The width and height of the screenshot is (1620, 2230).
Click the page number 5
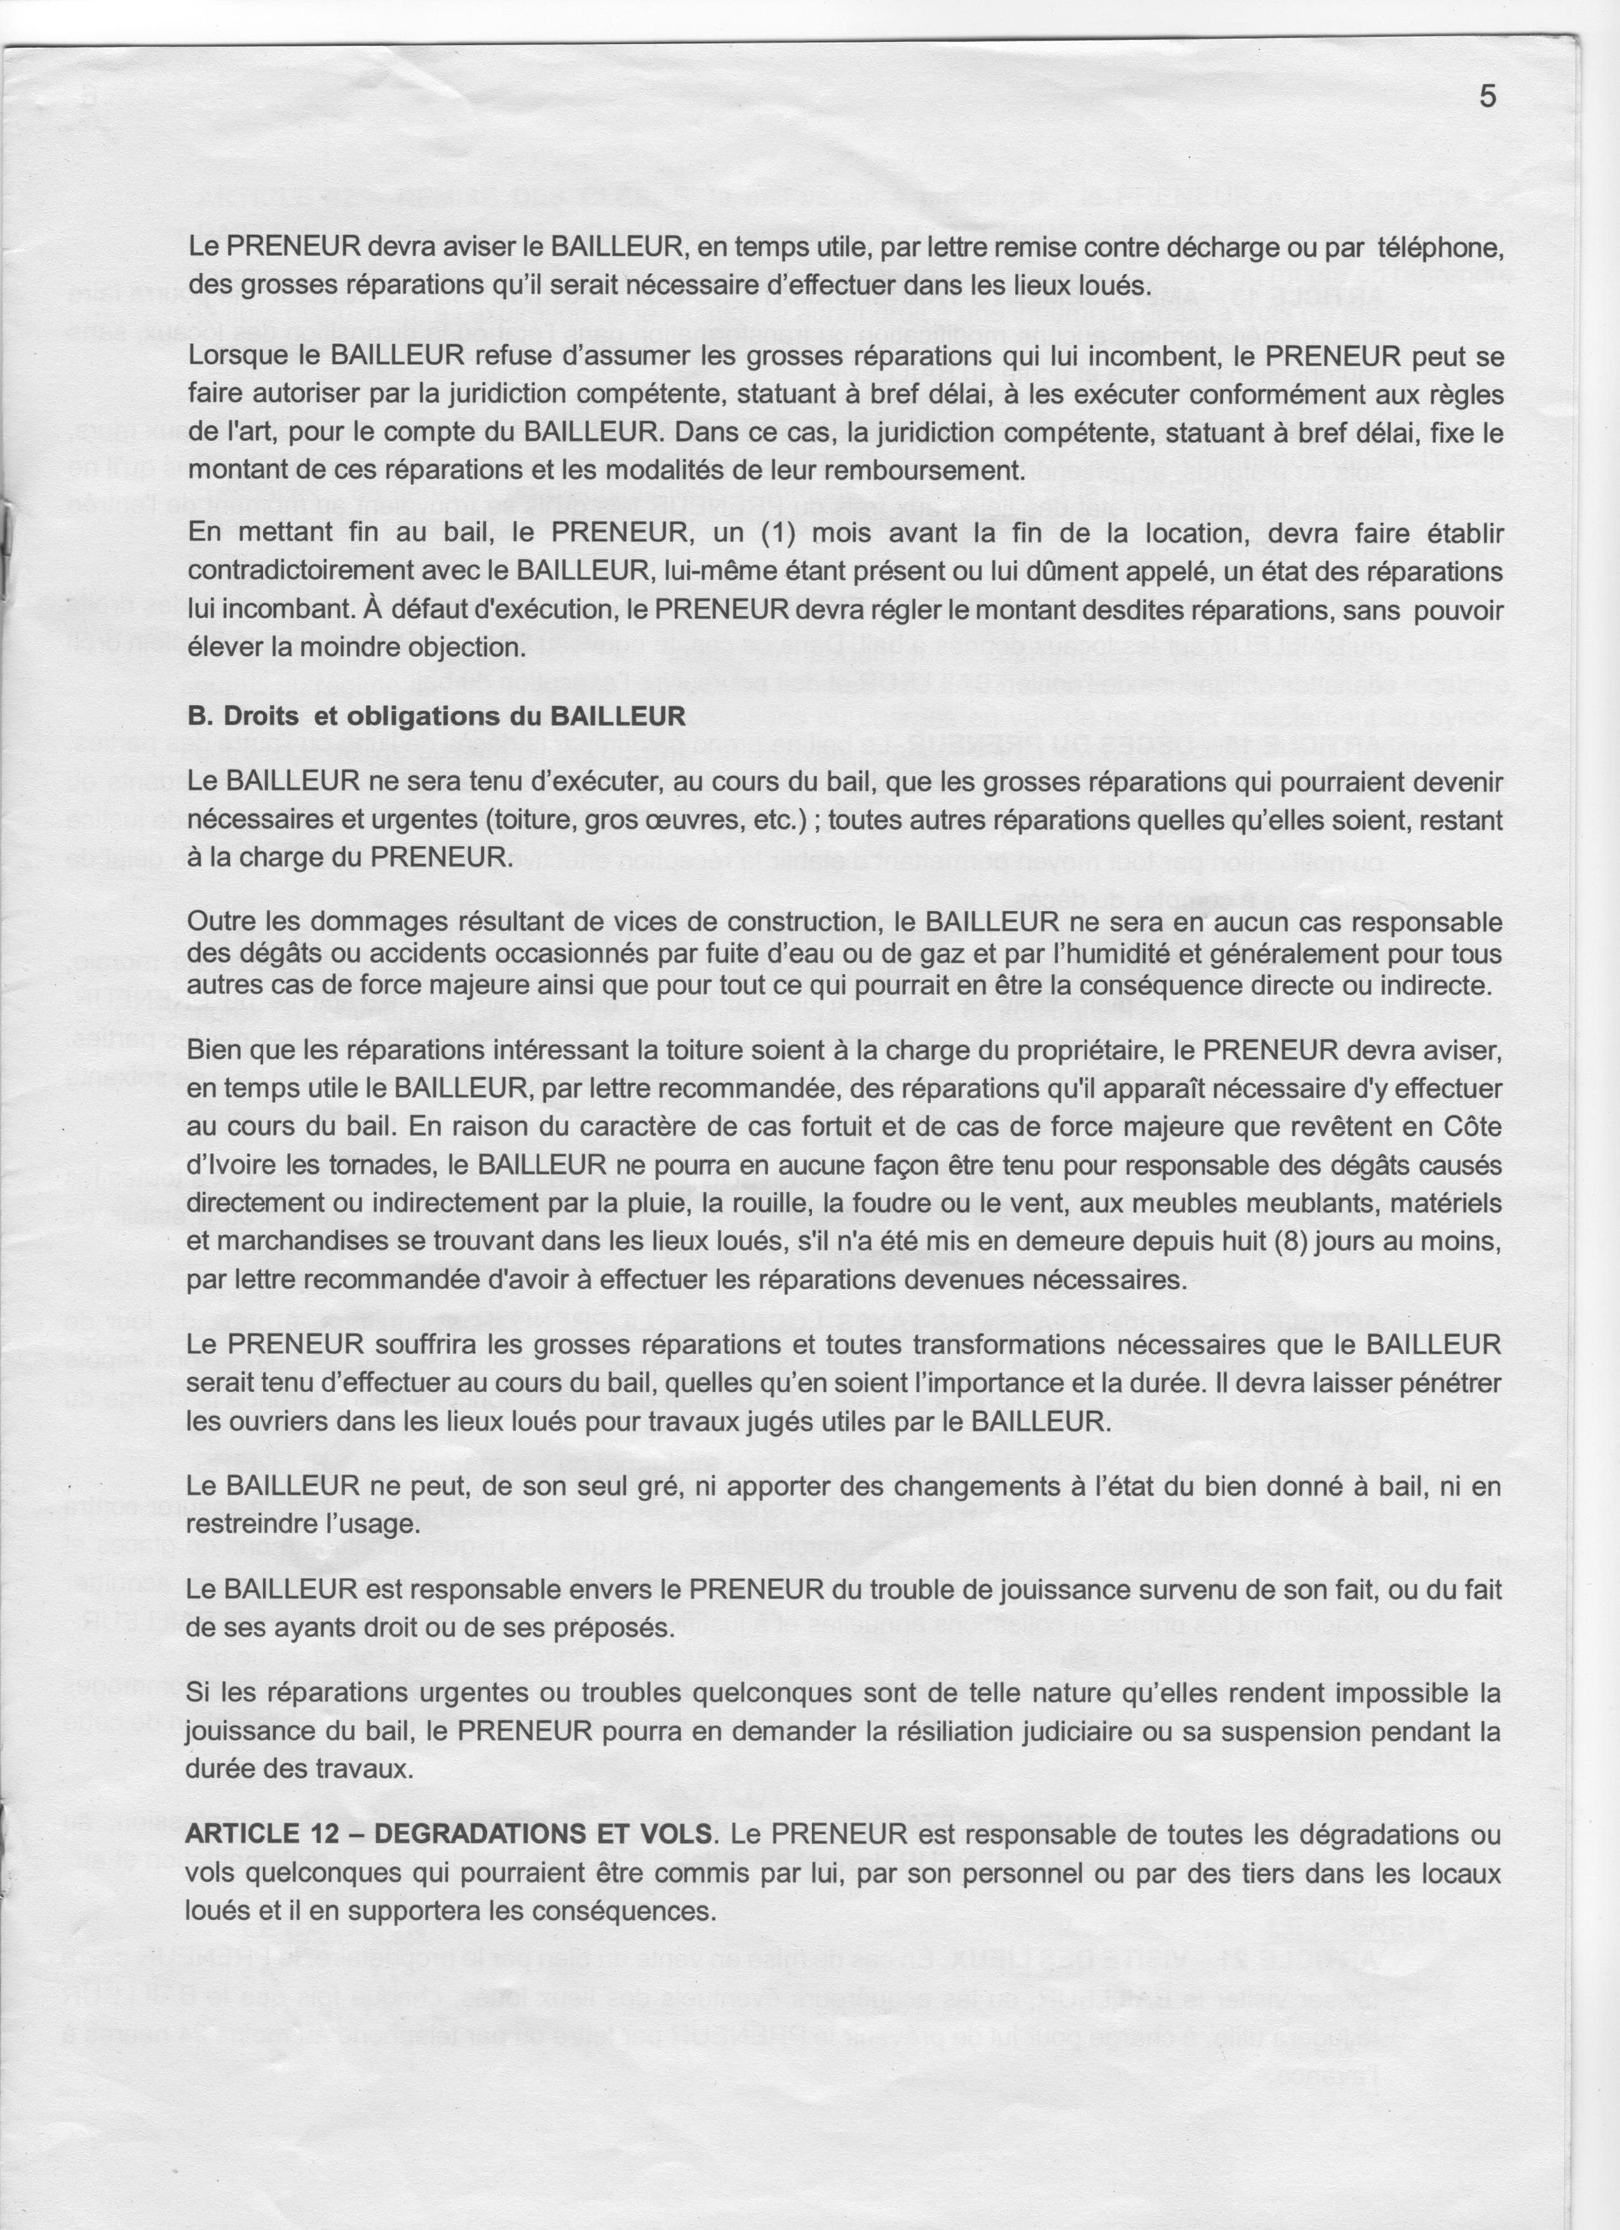pos(1487,97)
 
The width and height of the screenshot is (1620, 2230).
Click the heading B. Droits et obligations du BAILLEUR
pos(436,716)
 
